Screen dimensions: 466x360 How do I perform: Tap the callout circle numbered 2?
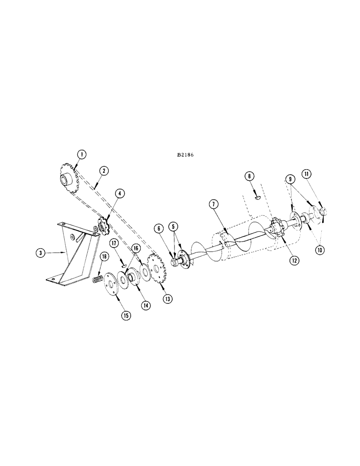tap(104, 171)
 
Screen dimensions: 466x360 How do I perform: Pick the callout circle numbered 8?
tap(249, 176)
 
